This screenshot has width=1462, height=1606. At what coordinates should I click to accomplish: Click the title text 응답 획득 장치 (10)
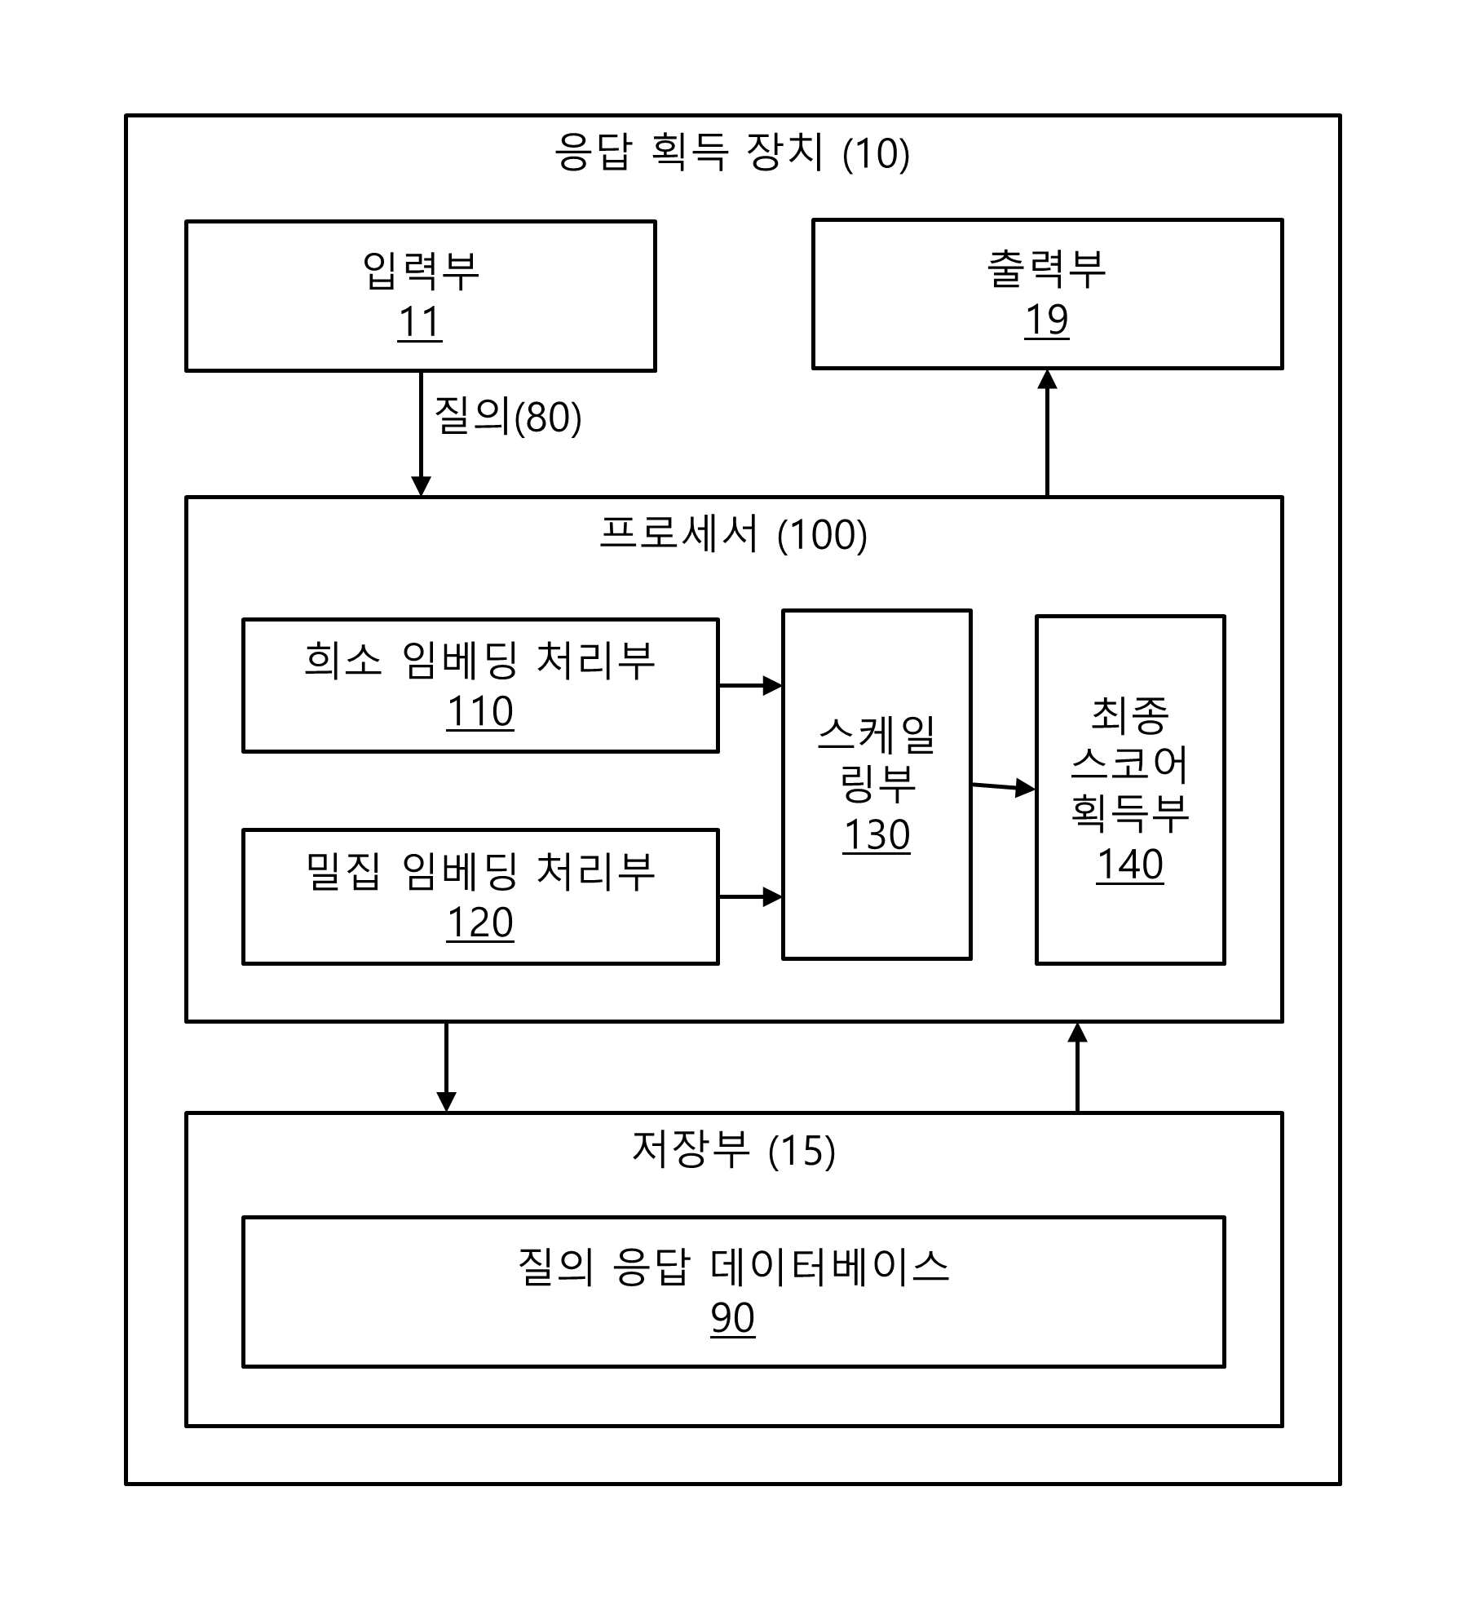[731, 153]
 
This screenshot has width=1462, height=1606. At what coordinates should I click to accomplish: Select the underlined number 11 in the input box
[420, 322]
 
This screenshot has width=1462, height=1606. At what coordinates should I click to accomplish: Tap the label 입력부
[421, 271]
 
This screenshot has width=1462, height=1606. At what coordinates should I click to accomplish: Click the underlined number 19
[1047, 320]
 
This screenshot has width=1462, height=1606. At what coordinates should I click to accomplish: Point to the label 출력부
[1047, 268]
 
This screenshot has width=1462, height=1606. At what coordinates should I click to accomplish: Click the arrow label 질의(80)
[508, 416]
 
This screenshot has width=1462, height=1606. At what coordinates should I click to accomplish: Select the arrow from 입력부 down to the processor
[421, 434]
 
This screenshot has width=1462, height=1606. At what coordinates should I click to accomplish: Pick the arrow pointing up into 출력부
[1047, 432]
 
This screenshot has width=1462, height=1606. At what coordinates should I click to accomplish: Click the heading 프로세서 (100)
[734, 534]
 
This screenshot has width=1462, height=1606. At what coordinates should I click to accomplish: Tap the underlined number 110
[480, 711]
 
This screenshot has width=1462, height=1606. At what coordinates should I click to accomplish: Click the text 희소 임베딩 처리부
[480, 660]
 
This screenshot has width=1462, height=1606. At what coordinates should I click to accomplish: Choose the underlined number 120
[480, 922]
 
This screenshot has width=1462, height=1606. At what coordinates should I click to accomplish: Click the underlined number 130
[877, 835]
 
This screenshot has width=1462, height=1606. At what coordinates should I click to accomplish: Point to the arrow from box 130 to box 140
[1004, 787]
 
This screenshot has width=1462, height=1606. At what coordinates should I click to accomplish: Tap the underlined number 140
[1130, 865]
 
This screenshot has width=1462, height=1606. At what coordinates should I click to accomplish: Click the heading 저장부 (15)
[734, 1150]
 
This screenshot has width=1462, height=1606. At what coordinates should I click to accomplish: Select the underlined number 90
[733, 1318]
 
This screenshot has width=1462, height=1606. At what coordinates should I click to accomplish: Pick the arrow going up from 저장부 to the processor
[1077, 1067]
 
